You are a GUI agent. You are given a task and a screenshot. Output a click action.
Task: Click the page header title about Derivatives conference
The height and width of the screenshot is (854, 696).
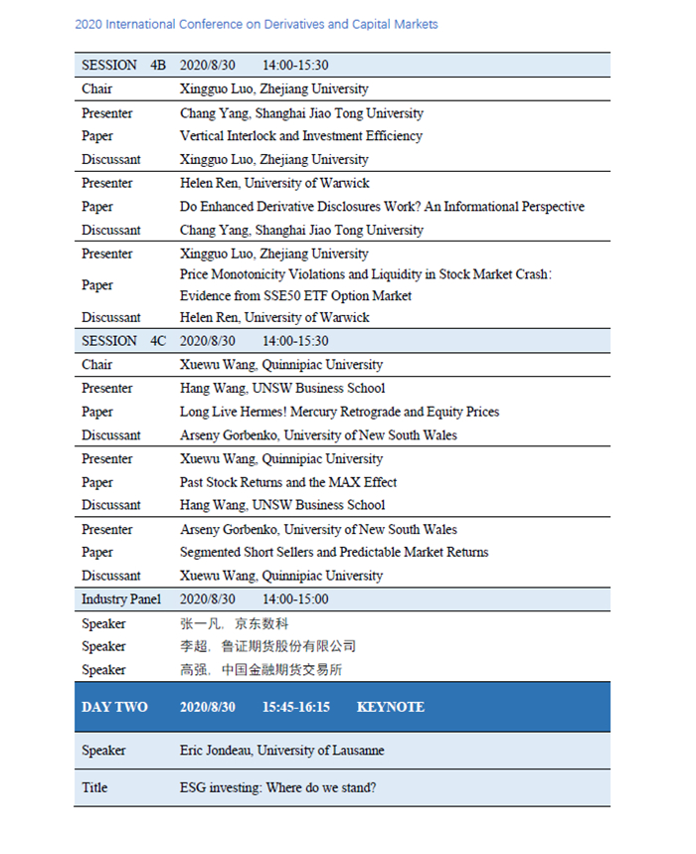tap(256, 24)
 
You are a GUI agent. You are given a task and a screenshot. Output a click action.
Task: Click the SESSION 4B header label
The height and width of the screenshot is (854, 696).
tap(123, 66)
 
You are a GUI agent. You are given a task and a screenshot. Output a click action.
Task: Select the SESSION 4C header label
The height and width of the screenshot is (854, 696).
tap(123, 341)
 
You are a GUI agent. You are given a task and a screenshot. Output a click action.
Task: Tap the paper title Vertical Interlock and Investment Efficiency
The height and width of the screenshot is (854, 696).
tap(300, 136)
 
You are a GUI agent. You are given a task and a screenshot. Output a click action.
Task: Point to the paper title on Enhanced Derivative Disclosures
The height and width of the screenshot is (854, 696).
tap(382, 207)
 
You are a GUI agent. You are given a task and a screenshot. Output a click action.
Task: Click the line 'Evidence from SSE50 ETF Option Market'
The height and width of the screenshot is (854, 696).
tap(295, 295)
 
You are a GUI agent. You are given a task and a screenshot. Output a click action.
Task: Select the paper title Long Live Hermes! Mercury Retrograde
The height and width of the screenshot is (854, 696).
tap(339, 412)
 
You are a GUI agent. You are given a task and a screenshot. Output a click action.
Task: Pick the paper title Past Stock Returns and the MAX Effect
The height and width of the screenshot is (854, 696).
tap(288, 482)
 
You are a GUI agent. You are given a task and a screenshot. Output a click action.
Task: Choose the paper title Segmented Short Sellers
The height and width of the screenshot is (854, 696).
tap(334, 552)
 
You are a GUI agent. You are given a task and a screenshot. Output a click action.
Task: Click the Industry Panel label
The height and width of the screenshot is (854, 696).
tap(121, 599)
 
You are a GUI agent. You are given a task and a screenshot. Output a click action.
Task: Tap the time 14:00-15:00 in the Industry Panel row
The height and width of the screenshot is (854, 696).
tap(295, 599)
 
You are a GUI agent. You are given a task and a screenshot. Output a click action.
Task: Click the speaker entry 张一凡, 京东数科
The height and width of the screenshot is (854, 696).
tap(234, 623)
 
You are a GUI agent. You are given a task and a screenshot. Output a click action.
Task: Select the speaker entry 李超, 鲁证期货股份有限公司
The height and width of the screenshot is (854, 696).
tap(267, 646)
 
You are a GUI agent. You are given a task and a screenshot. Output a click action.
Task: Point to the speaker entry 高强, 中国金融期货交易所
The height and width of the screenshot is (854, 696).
tap(261, 670)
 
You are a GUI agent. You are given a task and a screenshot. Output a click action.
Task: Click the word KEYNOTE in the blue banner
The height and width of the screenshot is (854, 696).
tap(390, 708)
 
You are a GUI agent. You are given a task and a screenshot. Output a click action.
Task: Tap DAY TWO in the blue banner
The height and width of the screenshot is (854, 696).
tap(114, 708)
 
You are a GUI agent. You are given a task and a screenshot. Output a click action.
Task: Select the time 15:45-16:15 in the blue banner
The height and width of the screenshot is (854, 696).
tap(295, 708)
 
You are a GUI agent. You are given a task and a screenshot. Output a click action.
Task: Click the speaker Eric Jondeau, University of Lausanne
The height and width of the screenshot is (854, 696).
tap(281, 751)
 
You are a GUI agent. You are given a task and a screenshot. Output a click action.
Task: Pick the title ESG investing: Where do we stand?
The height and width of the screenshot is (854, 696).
tap(277, 787)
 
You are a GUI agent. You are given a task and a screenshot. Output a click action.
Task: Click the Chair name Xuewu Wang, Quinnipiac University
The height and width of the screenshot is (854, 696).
tap(281, 365)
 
